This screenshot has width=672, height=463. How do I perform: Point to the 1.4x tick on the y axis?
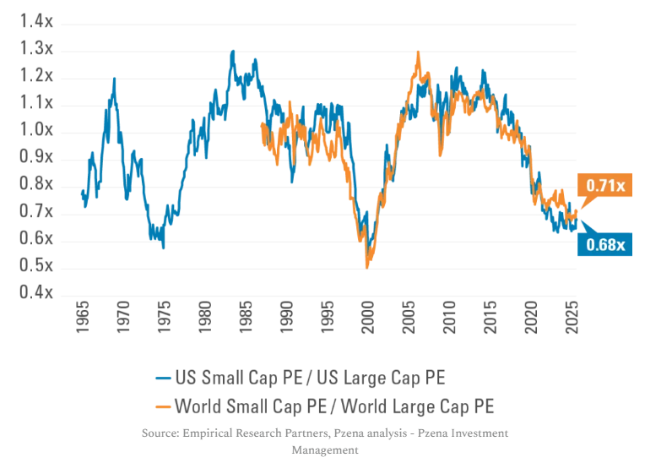(x=36, y=22)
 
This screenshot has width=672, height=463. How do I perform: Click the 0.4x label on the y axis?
(x=36, y=293)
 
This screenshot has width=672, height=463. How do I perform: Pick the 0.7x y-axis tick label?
(x=36, y=212)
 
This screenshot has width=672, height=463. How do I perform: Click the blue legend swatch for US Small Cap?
(x=160, y=378)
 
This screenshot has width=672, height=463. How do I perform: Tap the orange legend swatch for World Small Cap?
(x=160, y=406)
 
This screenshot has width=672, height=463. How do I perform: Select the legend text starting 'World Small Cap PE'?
(x=334, y=406)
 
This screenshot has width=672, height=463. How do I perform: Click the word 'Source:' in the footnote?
(x=164, y=433)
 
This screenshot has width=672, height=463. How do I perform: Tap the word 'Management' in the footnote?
(x=324, y=449)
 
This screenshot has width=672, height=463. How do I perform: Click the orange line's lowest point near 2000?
(x=366, y=268)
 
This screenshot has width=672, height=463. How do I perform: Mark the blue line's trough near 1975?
(x=163, y=248)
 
